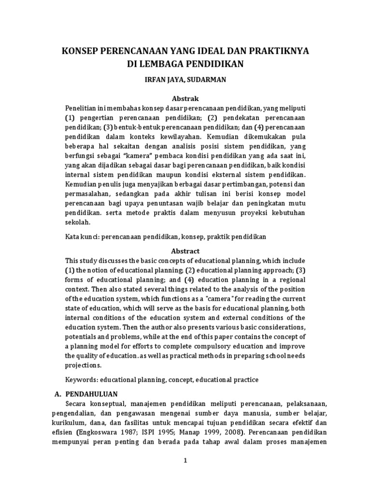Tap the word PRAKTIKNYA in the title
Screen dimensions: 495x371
pos(284,52)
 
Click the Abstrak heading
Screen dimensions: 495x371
pos(185,98)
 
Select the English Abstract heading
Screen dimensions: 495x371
pos(185,251)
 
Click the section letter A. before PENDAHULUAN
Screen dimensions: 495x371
pos(57,394)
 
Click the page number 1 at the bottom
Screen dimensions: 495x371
pos(185,461)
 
